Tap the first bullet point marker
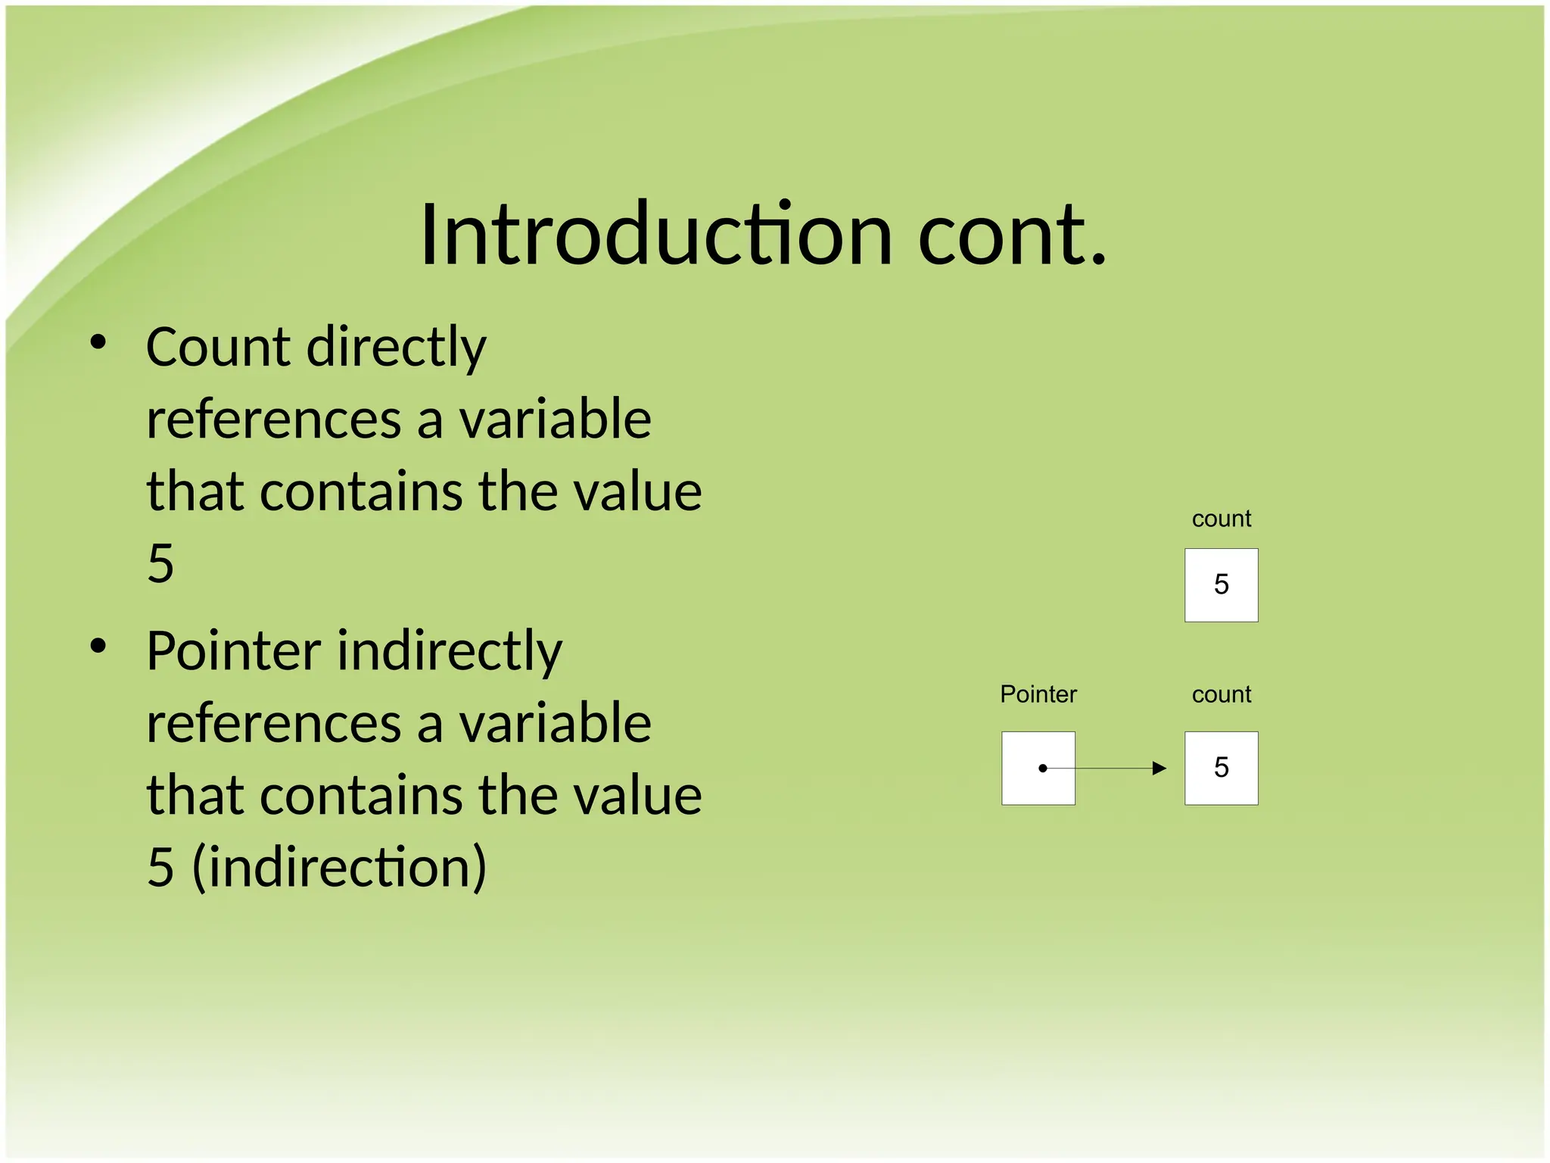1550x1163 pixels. [x=98, y=343]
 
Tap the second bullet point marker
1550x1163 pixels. [x=98, y=647]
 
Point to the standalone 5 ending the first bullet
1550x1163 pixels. [x=160, y=563]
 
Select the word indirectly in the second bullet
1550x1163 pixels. [x=450, y=652]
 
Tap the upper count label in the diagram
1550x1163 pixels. [x=1221, y=519]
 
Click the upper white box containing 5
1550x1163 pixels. [x=1221, y=585]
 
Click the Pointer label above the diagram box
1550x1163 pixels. [x=1038, y=694]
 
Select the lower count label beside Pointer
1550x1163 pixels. [x=1221, y=695]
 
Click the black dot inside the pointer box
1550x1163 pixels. [x=1042, y=768]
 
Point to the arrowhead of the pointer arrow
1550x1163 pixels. [x=1159, y=768]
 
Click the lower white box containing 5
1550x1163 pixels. [x=1221, y=768]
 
